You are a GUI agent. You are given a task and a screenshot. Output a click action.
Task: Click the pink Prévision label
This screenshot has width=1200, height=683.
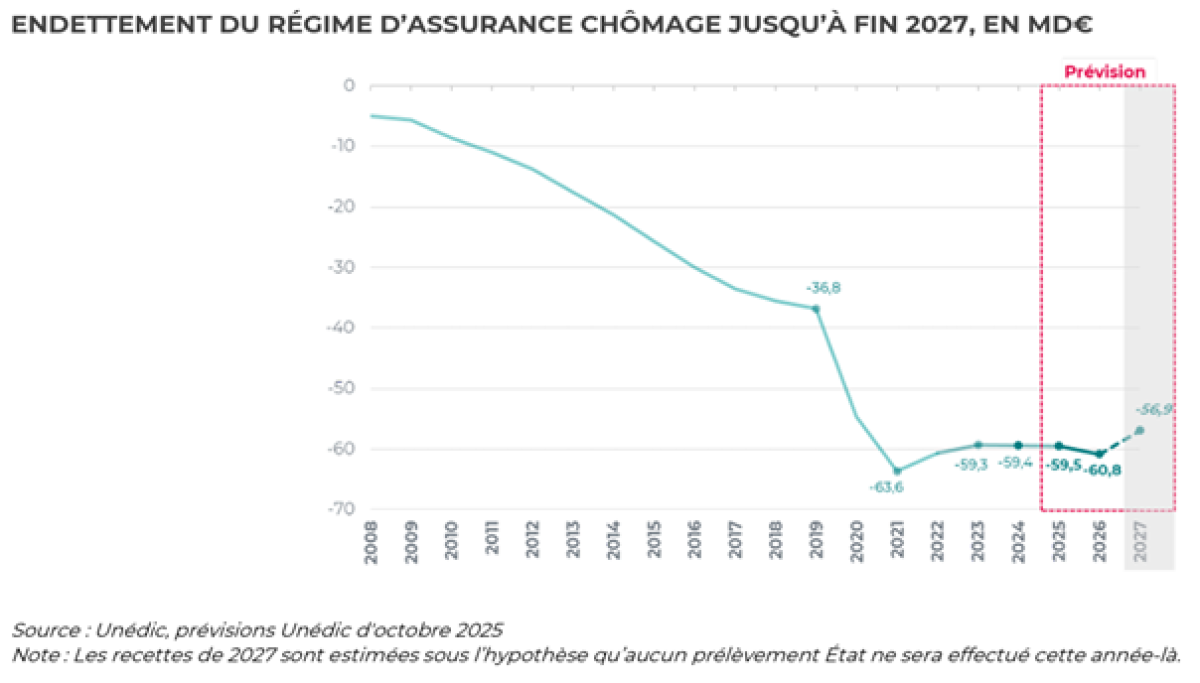[x=1104, y=72]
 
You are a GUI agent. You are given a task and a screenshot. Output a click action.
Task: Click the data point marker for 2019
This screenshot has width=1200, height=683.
[x=816, y=309]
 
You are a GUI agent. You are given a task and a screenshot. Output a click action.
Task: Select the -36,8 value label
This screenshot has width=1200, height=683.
[x=825, y=288]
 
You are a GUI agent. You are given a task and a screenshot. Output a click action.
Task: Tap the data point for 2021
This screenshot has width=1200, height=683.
[x=897, y=471]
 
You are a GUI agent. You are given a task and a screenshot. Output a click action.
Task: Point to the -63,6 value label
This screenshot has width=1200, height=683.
[x=887, y=488]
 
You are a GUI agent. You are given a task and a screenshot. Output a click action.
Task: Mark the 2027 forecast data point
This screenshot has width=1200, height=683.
[x=1140, y=430]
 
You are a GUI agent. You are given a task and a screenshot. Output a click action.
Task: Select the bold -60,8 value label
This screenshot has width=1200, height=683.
[x=1101, y=469]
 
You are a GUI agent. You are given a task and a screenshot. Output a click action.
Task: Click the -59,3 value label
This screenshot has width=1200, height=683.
[x=972, y=465]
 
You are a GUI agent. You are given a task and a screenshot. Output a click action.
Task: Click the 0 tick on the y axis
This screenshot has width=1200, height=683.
[x=350, y=86]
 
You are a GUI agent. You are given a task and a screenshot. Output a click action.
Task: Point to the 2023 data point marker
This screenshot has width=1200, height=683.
[x=978, y=445]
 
